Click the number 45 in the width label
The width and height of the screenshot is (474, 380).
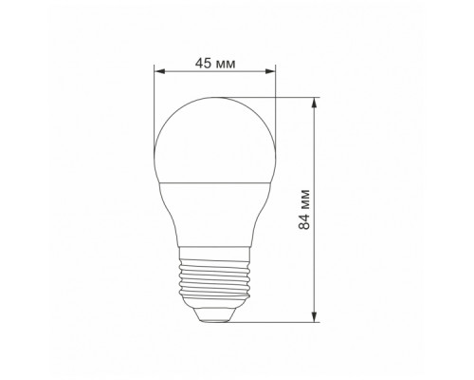click(x=202, y=63)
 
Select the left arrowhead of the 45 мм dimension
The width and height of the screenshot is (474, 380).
click(x=157, y=71)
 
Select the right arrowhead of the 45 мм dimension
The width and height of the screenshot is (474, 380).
click(x=271, y=71)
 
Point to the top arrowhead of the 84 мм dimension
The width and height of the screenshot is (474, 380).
click(x=313, y=100)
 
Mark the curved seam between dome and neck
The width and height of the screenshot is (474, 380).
click(x=214, y=180)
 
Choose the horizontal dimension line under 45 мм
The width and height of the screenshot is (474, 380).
click(x=214, y=71)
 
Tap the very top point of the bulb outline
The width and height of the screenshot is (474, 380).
click(x=214, y=96)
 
